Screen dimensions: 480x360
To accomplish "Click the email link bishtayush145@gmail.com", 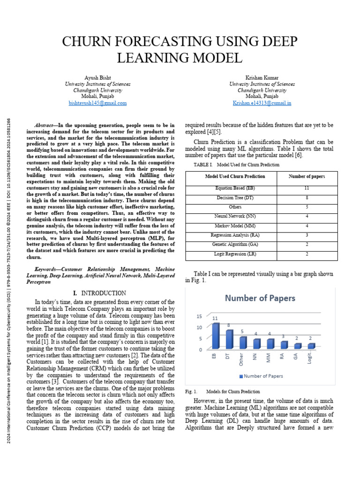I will (x=97, y=103).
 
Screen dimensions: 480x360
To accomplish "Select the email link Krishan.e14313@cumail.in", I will (x=262, y=103).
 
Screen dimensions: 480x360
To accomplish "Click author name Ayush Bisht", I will (x=97, y=77).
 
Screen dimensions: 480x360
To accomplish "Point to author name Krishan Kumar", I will (x=262, y=77).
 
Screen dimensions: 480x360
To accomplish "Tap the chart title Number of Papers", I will (x=260, y=298).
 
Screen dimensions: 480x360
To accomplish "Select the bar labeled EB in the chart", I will (x=216, y=336).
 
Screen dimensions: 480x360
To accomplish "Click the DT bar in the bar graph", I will (x=229, y=339).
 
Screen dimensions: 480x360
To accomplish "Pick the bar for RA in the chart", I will (x=284, y=345).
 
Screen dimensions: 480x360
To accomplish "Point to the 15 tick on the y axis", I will (x=199, y=316).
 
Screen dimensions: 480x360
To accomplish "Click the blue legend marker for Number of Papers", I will (x=241, y=376).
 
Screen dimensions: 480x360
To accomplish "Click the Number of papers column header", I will (x=307, y=176).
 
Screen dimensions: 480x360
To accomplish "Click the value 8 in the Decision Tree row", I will (x=307, y=197).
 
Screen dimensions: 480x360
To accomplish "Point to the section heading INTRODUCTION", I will (x=108, y=293).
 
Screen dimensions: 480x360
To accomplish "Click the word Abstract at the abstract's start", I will (x=45, y=126).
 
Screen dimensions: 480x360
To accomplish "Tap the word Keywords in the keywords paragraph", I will (x=48, y=270).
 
